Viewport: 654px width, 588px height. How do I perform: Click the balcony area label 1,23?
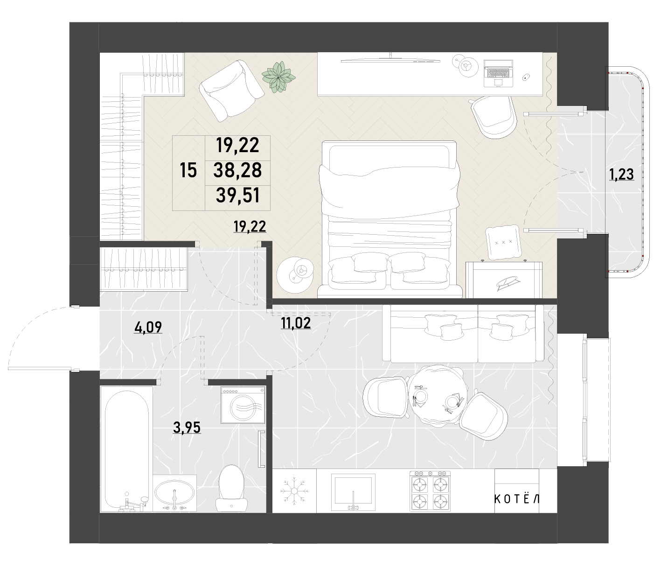click(621, 174)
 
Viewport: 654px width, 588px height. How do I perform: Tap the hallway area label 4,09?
click(148, 327)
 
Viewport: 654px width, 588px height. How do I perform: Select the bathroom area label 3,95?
click(187, 427)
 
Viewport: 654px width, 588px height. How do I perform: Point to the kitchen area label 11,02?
click(296, 323)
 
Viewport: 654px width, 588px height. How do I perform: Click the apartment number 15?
click(188, 170)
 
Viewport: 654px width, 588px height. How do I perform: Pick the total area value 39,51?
click(238, 196)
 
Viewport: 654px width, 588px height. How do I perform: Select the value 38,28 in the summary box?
click(237, 170)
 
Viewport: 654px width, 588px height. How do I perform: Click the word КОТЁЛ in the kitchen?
click(517, 499)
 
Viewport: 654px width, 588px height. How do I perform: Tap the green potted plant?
click(278, 77)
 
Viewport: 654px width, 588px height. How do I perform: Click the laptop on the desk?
click(498, 73)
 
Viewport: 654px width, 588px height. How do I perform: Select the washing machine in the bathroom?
click(243, 405)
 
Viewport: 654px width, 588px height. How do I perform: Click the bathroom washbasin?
click(174, 492)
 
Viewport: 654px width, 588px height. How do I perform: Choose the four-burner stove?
click(430, 491)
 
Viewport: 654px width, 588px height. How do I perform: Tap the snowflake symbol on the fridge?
click(294, 490)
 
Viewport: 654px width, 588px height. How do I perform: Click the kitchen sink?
click(353, 492)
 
